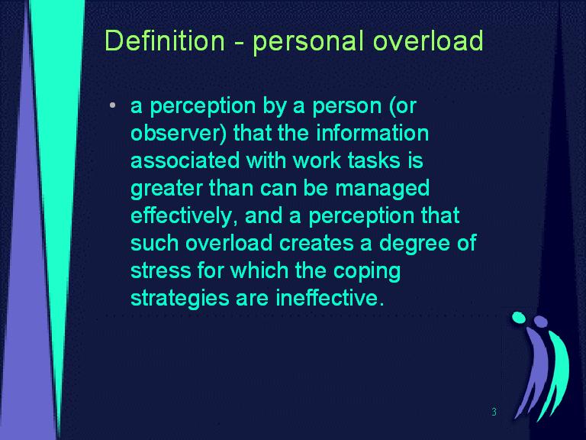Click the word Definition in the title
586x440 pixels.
(165, 40)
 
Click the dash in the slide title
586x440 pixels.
(239, 43)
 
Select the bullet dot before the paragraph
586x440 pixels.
(112, 106)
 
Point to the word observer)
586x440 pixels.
(179, 134)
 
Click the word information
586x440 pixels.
(372, 133)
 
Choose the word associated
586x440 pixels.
(185, 160)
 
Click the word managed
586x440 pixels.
(382, 189)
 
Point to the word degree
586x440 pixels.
(413, 243)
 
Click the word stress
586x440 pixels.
(161, 271)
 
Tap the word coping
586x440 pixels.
(366, 272)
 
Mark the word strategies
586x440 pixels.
(180, 299)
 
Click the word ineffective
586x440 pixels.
(330, 298)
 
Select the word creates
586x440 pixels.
(316, 244)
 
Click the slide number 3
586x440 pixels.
(494, 412)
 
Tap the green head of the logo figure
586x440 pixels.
(519, 318)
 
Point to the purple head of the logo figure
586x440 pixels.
(541, 322)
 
